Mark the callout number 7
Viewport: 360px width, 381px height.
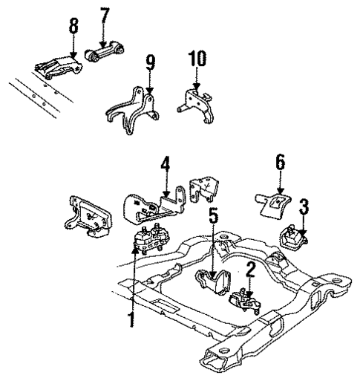104,17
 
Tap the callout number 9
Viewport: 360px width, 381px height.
151,63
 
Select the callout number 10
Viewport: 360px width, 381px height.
197,59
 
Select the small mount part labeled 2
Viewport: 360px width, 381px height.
245,301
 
